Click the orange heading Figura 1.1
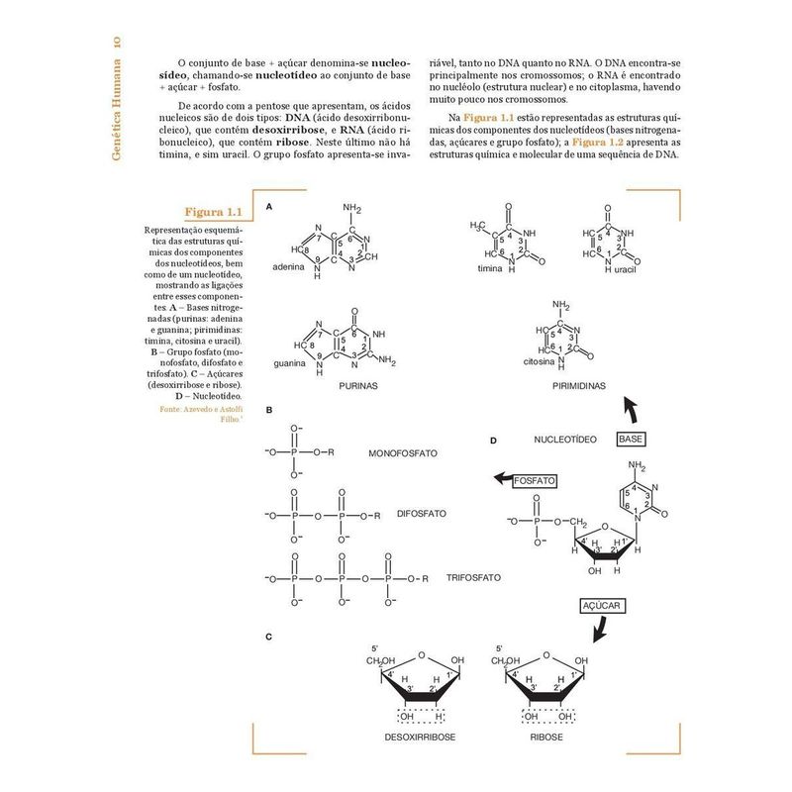tap(213, 213)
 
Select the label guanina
tap(291, 365)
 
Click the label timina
tap(490, 269)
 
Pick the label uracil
tap(625, 269)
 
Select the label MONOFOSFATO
tap(403, 453)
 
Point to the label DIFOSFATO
tap(421, 514)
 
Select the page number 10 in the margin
tap(117, 45)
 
